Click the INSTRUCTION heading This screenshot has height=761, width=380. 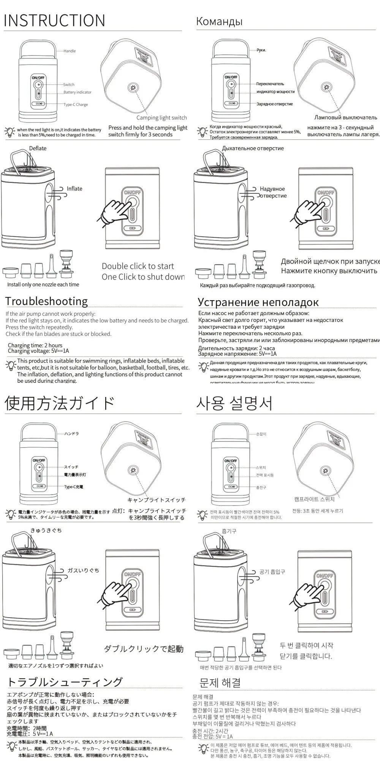[54, 21]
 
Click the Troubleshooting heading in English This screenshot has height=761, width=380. [46, 301]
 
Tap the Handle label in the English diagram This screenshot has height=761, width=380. [70, 51]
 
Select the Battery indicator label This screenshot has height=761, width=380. [78, 92]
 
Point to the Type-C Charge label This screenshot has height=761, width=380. [76, 105]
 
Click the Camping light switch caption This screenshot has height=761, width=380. [161, 118]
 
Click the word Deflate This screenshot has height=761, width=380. [38, 148]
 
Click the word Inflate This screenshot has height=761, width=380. [74, 189]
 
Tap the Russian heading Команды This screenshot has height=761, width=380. [219, 21]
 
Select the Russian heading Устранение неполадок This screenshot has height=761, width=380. [258, 302]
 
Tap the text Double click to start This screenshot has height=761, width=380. [138, 266]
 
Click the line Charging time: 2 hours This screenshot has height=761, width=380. [35, 345]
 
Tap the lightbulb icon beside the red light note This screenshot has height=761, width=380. [9, 132]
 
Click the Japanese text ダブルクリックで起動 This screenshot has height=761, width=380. [144, 649]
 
